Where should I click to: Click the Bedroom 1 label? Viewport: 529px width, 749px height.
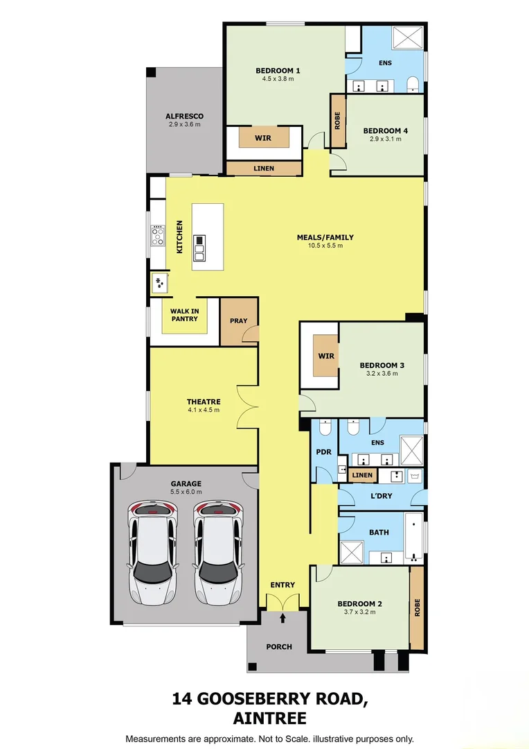(x=278, y=70)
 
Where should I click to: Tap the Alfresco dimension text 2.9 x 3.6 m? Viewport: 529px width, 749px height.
(x=184, y=125)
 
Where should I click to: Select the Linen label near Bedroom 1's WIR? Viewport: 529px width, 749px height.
(x=264, y=169)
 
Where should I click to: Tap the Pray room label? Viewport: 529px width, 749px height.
(x=238, y=322)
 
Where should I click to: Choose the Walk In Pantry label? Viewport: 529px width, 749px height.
(x=184, y=315)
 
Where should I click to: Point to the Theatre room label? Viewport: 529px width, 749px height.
(x=203, y=402)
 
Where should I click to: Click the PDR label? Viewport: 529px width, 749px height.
(x=324, y=452)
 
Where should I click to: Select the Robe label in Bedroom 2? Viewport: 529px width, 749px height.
(x=417, y=608)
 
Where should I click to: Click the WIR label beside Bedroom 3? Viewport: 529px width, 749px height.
(x=326, y=356)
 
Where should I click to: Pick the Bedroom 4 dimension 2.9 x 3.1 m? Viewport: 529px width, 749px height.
(x=385, y=139)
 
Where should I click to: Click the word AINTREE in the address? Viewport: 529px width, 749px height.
(x=269, y=718)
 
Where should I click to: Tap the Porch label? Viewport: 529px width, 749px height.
(x=279, y=646)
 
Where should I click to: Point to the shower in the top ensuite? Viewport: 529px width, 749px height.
(x=408, y=39)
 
